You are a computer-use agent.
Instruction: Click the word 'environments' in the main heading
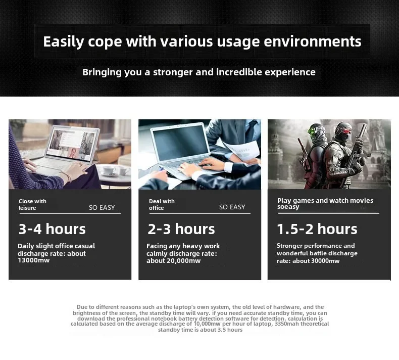point(313,41)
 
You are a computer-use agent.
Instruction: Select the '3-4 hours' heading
point(52,229)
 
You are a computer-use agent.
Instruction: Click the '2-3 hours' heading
point(181,229)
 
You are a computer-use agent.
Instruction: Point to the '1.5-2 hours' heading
point(317,229)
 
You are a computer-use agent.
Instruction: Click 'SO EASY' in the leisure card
point(102,208)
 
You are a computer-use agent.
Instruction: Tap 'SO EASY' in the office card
point(232,207)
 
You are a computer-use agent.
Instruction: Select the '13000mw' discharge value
point(34,260)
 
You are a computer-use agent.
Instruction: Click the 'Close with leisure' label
point(32,205)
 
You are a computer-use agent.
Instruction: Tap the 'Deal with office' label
point(162,205)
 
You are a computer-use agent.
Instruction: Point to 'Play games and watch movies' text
point(325,201)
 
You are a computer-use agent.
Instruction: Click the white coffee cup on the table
point(110,170)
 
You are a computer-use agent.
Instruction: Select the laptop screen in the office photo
point(180,144)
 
